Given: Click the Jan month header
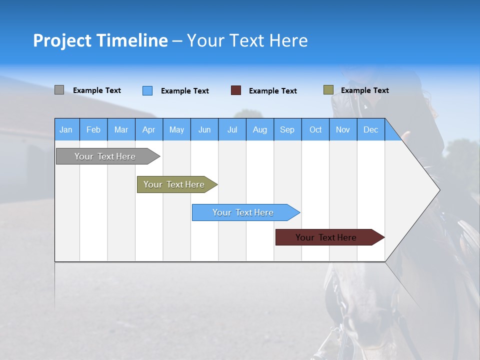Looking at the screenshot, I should (x=66, y=130).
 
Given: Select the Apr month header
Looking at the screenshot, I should (x=148, y=130).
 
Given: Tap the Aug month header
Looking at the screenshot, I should (x=259, y=130).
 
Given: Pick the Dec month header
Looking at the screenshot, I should (x=370, y=130).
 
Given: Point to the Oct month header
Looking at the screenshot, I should (x=315, y=130).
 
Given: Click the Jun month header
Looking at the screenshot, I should (x=204, y=130).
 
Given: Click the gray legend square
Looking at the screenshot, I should (x=59, y=90).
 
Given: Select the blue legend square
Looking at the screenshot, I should (x=147, y=90).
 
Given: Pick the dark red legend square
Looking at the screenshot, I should (x=235, y=90).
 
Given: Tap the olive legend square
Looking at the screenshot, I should (x=328, y=90).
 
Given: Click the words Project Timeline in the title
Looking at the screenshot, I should (x=100, y=40).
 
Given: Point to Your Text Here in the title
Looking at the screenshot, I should (x=247, y=40).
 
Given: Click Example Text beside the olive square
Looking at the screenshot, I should (x=364, y=90).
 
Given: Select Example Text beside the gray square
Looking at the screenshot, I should (x=96, y=90).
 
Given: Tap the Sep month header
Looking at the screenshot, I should (x=287, y=130).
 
